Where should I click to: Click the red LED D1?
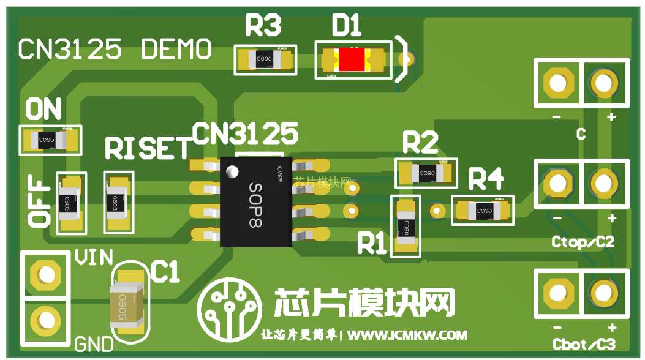[352, 59]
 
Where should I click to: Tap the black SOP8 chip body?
[257, 201]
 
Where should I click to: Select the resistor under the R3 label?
[265, 59]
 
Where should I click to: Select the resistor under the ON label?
[49, 140]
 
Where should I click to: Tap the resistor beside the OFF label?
[70, 202]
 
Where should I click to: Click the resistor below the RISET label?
[118, 202]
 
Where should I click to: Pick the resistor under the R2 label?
[426, 173]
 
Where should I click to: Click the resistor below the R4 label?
[483, 211]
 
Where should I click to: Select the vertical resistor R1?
[406, 226]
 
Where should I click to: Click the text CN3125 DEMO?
[115, 49]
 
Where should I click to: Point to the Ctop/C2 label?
[583, 242]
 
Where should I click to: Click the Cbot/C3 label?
[583, 345]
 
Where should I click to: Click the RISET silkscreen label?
[148, 148]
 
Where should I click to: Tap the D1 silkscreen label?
[347, 26]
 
